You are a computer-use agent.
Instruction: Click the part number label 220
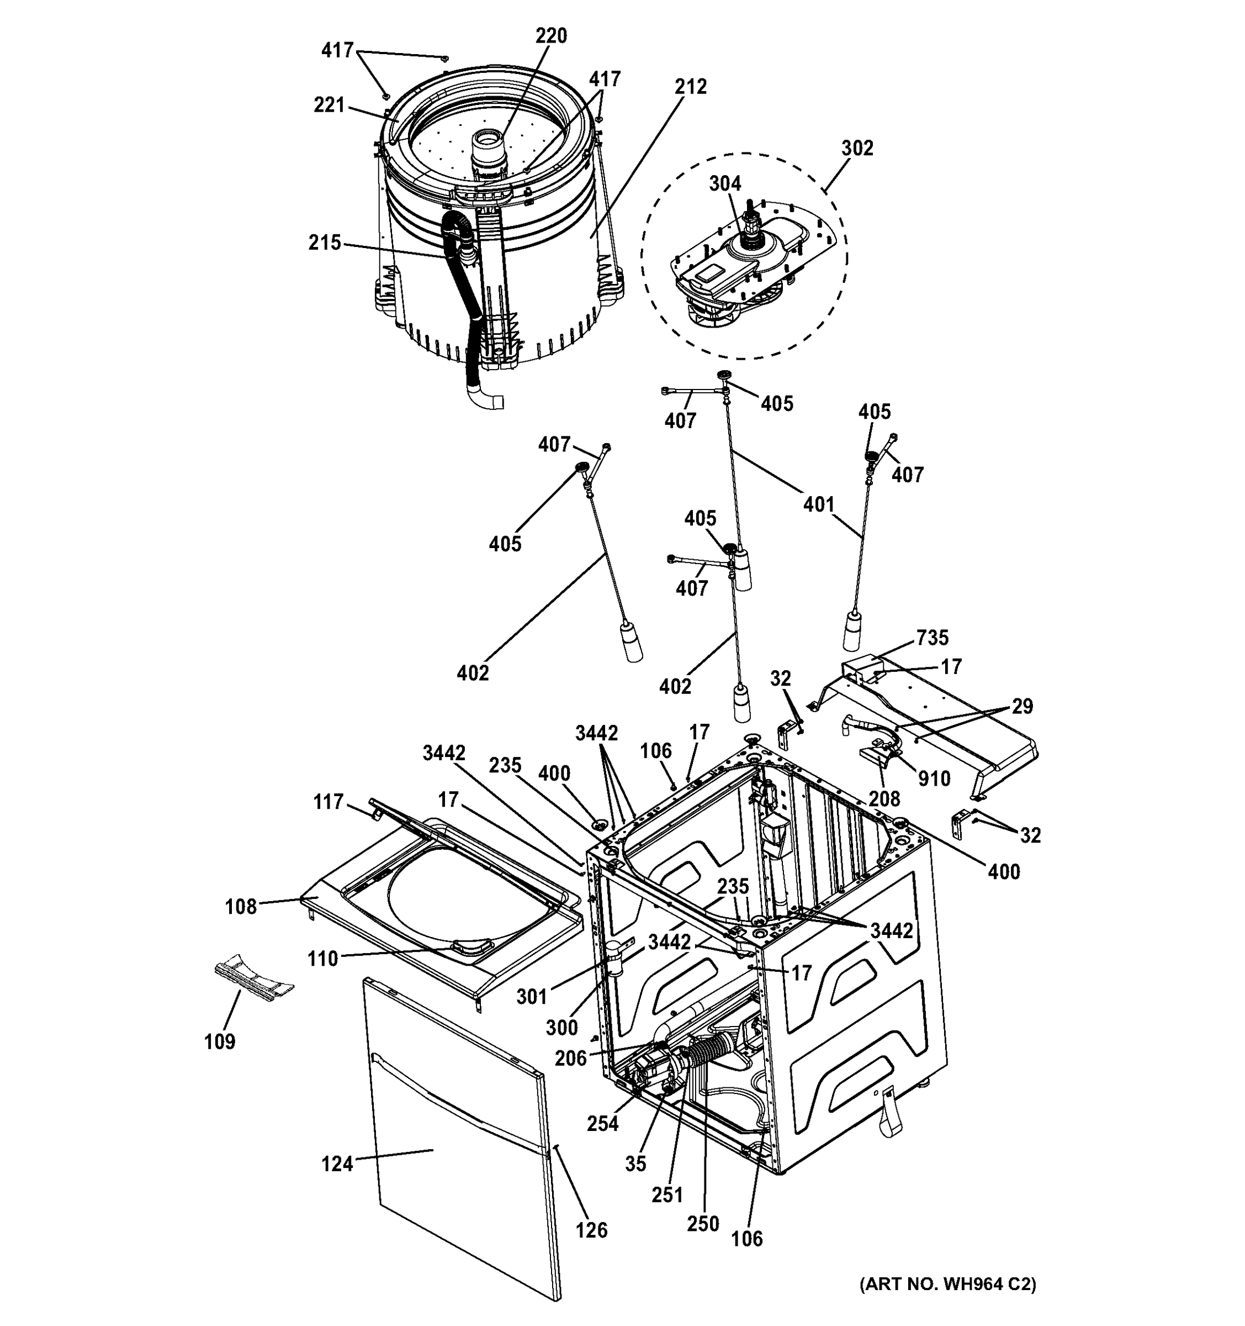550,36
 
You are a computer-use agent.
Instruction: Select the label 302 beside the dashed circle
856,148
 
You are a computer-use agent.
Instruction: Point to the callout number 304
724,183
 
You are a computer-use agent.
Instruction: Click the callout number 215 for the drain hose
325,243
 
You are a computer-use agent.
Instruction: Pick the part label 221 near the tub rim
329,106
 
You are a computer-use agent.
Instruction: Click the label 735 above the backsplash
932,638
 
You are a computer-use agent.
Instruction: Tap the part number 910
933,778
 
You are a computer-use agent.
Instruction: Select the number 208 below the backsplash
884,798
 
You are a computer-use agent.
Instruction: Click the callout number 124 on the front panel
337,1164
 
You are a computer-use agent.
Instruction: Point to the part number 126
591,1229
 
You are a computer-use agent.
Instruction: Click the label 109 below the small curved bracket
220,1041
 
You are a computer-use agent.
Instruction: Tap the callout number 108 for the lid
241,907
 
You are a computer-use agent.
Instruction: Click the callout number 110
322,959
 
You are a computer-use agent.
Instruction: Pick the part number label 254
602,1124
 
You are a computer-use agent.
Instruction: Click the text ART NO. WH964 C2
947,1284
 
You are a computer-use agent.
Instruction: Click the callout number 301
531,997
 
